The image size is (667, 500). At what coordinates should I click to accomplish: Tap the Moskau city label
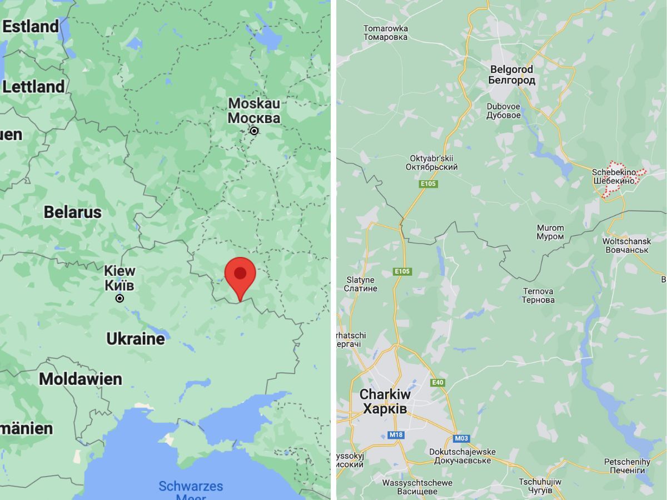254,110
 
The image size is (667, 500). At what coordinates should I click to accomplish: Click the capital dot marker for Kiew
120,299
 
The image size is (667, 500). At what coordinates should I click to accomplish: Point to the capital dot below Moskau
254,131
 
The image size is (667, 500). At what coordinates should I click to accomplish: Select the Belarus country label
73,212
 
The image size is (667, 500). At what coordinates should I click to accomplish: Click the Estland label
30,26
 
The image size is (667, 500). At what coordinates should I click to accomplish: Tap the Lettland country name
33,87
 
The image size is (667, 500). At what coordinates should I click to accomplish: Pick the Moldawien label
81,379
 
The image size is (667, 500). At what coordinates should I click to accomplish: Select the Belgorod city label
511,75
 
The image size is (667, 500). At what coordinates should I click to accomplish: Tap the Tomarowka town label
385,33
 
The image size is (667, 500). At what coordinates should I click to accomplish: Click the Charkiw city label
385,402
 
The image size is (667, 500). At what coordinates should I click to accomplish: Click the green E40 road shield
437,382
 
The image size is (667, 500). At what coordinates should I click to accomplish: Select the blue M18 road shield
396,434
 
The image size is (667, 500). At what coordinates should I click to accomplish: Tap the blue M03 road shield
461,438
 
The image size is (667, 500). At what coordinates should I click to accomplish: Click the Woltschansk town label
626,245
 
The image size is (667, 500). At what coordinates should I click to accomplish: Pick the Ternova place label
537,295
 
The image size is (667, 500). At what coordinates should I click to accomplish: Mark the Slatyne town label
360,284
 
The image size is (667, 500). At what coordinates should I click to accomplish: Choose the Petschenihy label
627,466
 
